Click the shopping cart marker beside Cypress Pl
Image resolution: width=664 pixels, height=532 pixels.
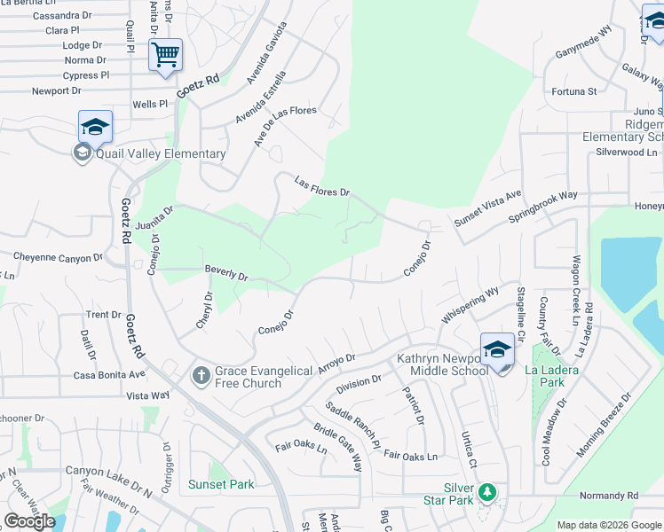pyautogui.click(x=165, y=55)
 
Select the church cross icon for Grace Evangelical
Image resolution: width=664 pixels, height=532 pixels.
pyautogui.click(x=201, y=376)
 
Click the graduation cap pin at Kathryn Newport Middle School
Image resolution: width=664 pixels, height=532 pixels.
pyautogui.click(x=498, y=350)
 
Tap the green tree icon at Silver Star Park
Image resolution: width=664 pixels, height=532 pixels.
pyautogui.click(x=486, y=491)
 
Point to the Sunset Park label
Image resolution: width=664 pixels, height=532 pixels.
pyautogui.click(x=221, y=484)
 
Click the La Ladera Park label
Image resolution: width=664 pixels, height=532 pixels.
pyautogui.click(x=551, y=376)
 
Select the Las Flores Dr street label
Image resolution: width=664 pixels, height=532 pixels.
pyautogui.click(x=322, y=192)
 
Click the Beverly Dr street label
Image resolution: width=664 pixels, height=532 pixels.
pyautogui.click(x=226, y=273)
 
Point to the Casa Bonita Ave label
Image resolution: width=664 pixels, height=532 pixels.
pyautogui.click(x=107, y=375)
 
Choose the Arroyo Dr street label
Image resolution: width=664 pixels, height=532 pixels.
pyautogui.click(x=336, y=364)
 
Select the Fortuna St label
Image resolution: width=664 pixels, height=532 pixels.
pyautogui.click(x=573, y=91)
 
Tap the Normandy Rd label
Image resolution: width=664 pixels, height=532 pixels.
pyautogui.click(x=608, y=495)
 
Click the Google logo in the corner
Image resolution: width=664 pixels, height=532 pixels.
pyautogui.click(x=29, y=521)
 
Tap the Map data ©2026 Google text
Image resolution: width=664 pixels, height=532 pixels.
pyautogui.click(x=608, y=525)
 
